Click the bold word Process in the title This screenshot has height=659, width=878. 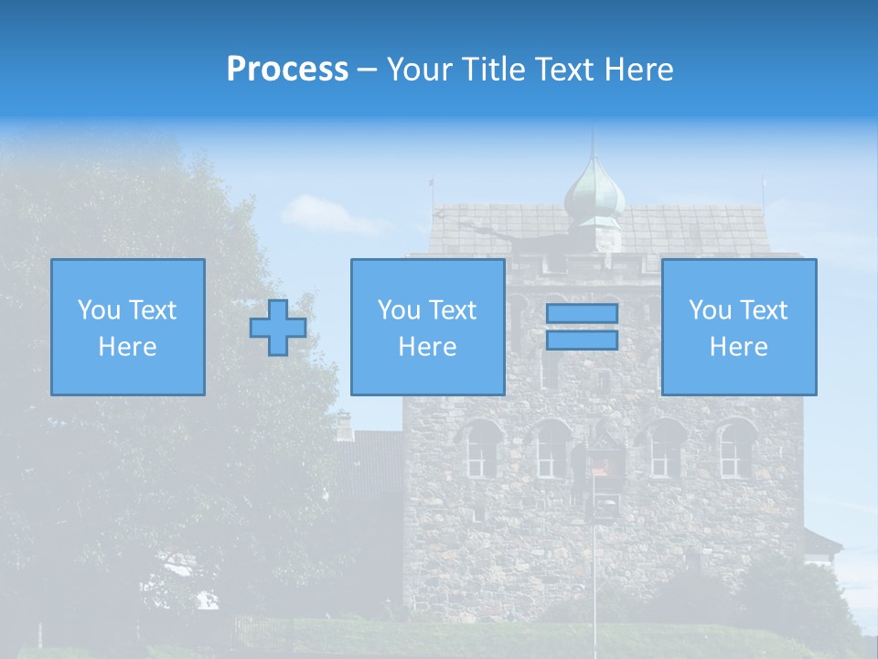(287, 70)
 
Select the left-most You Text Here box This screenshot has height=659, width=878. (127, 327)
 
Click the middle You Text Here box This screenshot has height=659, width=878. (427, 327)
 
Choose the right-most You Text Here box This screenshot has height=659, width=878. (738, 327)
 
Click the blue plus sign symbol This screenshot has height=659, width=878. (278, 328)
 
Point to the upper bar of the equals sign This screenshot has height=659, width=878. (582, 313)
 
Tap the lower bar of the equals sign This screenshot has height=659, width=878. (582, 340)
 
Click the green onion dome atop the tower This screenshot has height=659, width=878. (594, 190)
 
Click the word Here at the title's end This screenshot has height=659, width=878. (640, 70)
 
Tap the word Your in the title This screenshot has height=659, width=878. (420, 70)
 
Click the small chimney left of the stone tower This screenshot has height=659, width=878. (344, 426)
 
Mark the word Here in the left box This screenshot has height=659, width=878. (127, 347)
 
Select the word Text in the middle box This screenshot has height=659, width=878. (452, 310)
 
